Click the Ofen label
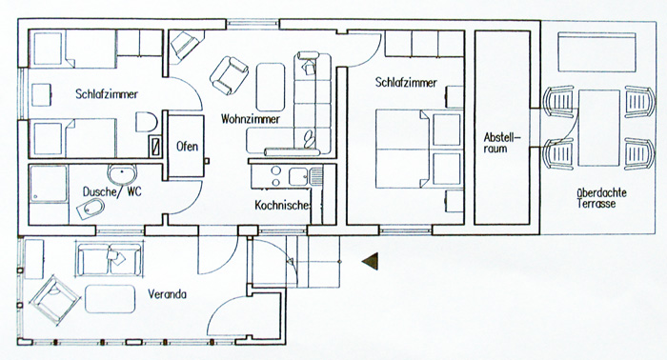187,147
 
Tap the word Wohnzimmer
250,119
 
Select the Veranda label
167,294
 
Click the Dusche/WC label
111,191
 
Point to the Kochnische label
283,206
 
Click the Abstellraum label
502,143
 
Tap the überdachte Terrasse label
601,198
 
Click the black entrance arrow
370,261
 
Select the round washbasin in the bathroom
122,173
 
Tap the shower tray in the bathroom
49,184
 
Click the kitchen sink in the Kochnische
299,176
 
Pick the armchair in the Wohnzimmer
229,75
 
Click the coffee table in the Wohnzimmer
271,87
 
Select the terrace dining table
599,128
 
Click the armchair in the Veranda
55,300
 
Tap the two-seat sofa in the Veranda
110,259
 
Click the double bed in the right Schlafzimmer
419,149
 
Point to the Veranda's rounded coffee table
111,299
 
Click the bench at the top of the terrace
596,51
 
